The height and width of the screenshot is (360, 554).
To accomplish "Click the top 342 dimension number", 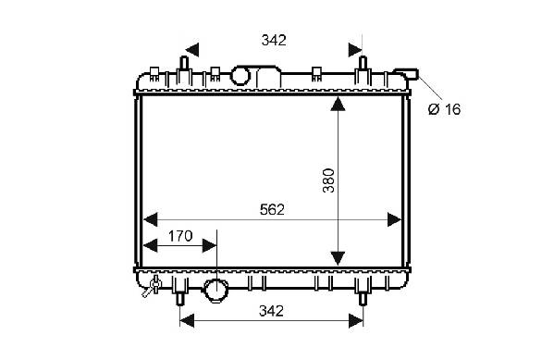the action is pyautogui.click(x=274, y=41).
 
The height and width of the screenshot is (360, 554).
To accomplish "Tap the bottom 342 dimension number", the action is pyautogui.click(x=271, y=311).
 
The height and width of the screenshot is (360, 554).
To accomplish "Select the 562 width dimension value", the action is pyautogui.click(x=272, y=210).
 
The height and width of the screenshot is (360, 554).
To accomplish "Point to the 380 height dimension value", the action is pyautogui.click(x=328, y=180).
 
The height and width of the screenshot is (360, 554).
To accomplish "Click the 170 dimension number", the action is pyautogui.click(x=180, y=236).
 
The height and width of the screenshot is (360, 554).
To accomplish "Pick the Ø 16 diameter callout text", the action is pyautogui.click(x=444, y=109).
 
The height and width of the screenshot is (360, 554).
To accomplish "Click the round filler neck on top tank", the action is pyautogui.click(x=240, y=76).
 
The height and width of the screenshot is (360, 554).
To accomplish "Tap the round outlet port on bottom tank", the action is pyautogui.click(x=215, y=290).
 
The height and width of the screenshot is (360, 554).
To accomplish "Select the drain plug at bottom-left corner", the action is pyautogui.click(x=152, y=287).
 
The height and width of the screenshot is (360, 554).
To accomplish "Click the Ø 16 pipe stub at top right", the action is pyautogui.click(x=407, y=74).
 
